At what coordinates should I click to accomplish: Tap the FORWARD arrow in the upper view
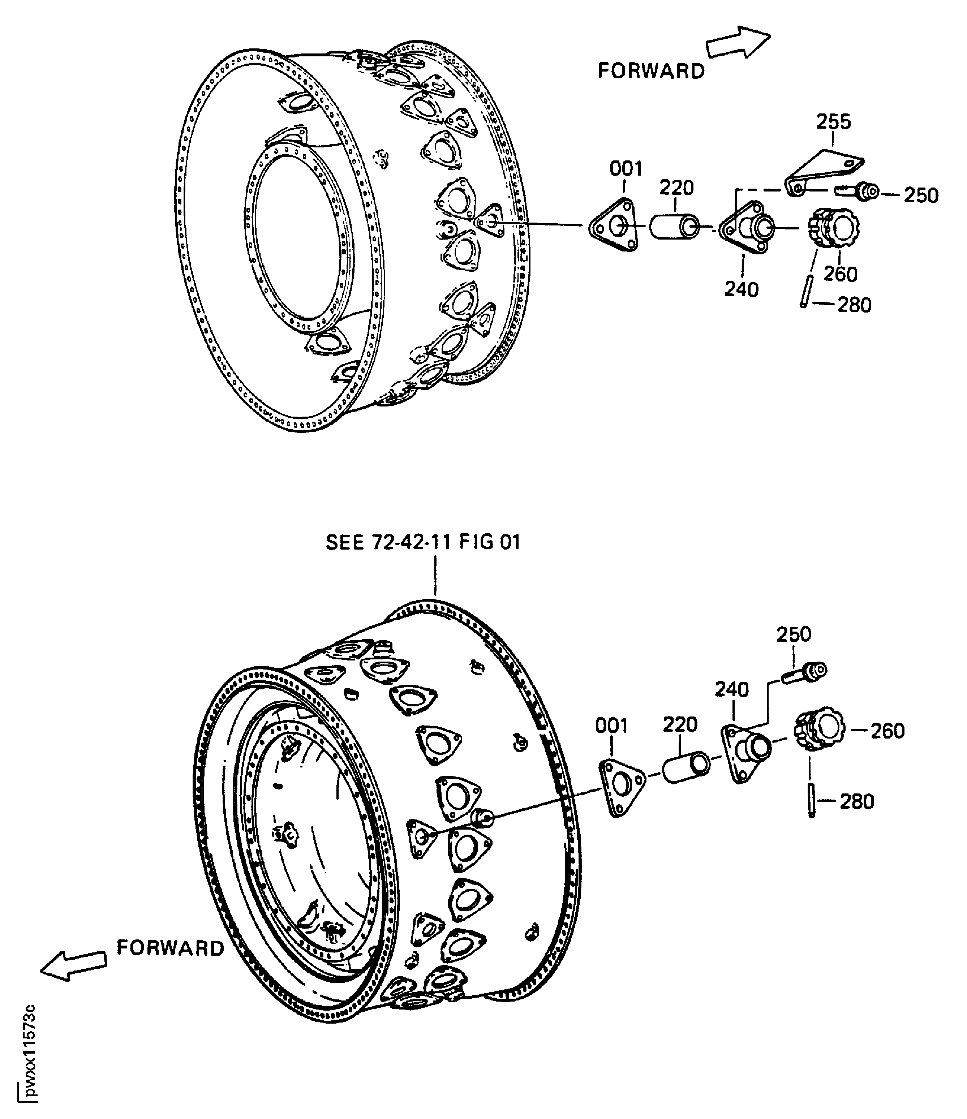coord(738,43)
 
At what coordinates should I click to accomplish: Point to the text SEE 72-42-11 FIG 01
coord(423,542)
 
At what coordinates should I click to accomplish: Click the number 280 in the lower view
coord(857,801)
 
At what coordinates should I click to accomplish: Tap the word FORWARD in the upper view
coord(651,71)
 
